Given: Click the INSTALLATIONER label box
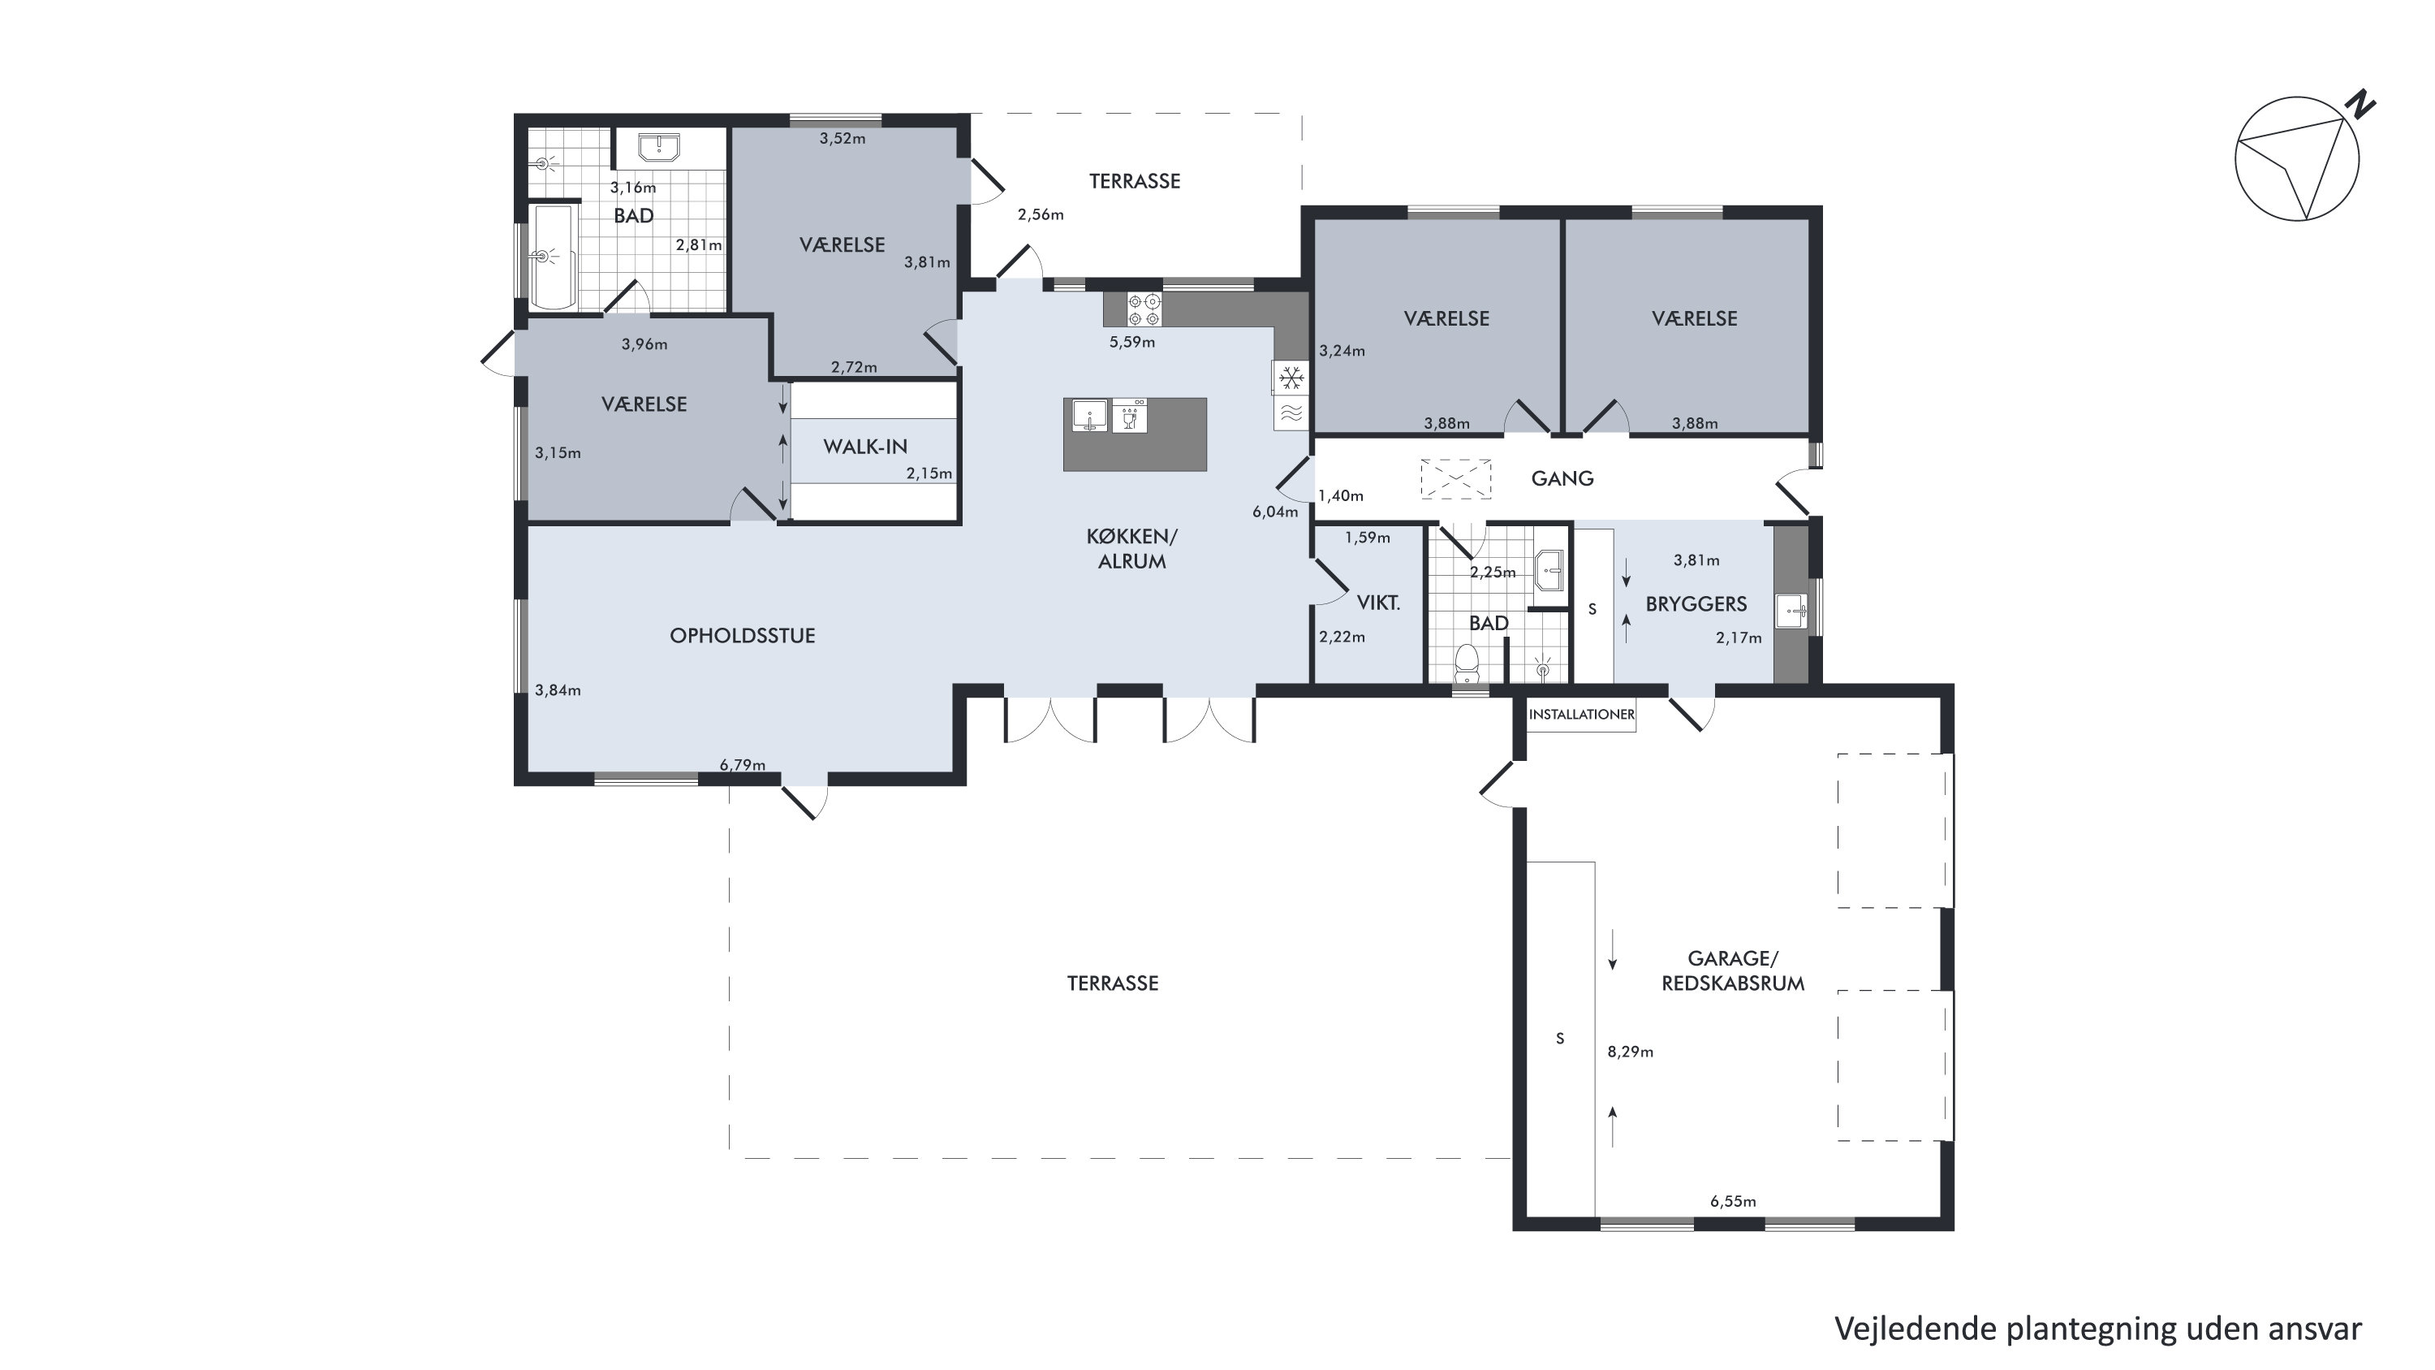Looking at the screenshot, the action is [1581, 715].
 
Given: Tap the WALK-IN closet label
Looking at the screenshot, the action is [865, 447].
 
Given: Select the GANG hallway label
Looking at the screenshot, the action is [1562, 478].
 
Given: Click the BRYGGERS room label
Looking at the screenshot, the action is [1696, 604].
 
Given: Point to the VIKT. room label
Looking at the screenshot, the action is [1378, 603].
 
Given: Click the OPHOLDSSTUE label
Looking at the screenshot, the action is [742, 635].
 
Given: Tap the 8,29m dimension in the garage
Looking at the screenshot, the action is [1631, 1052].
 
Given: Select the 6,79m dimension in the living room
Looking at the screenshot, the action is [743, 765].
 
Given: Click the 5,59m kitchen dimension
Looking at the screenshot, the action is [1132, 342].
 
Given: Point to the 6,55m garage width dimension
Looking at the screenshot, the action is [1734, 1202].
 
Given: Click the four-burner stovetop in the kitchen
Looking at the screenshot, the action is [1144, 310].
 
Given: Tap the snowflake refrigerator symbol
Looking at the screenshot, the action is [1291, 379].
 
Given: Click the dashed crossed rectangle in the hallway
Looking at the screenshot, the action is [1455, 478].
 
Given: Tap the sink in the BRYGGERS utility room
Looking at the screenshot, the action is [1791, 611].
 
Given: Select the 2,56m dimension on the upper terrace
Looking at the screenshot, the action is [1041, 214].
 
